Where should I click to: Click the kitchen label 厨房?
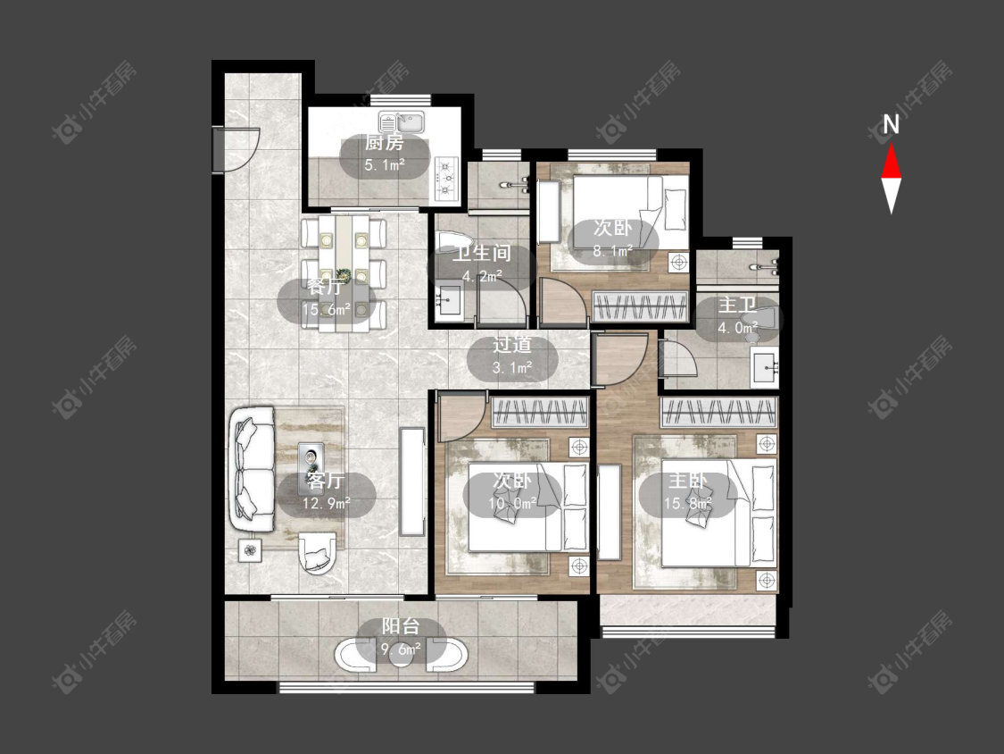[x=384, y=143]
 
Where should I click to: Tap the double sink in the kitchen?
[x=401, y=121]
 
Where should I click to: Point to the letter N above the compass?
[x=891, y=124]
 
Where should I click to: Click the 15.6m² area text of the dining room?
[x=327, y=310]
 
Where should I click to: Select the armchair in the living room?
[x=317, y=553]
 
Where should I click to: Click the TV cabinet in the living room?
[x=411, y=482]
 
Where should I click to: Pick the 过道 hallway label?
[x=511, y=345]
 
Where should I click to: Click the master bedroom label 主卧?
[x=688, y=481]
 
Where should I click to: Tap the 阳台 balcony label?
[x=401, y=625]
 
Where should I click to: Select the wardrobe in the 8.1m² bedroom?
[x=640, y=306]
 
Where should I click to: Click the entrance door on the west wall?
[x=236, y=150]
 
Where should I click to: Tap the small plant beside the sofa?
[x=251, y=550]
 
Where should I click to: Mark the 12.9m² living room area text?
[x=327, y=503]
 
